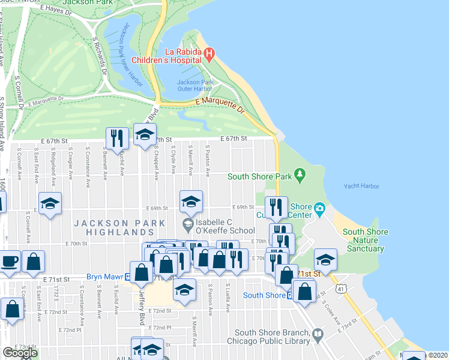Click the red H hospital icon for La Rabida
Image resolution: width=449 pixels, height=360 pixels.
pos(209,55)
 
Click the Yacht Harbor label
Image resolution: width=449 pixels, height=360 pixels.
pos(361,187)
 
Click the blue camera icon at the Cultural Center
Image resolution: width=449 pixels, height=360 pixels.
pos(320,209)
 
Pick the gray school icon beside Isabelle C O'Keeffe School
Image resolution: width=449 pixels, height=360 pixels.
pos(187,224)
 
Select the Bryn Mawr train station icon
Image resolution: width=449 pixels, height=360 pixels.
pos(128,277)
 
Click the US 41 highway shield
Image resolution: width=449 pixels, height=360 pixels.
pos(342,289)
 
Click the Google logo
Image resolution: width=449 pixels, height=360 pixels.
pos(20,353)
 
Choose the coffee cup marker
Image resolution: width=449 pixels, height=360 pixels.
pos(10,262)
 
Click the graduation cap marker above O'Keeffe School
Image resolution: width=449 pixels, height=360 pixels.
pos(191,201)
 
